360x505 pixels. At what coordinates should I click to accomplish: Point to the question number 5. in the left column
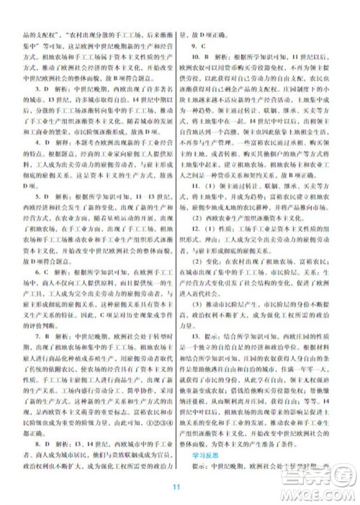(x=27, y=214)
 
